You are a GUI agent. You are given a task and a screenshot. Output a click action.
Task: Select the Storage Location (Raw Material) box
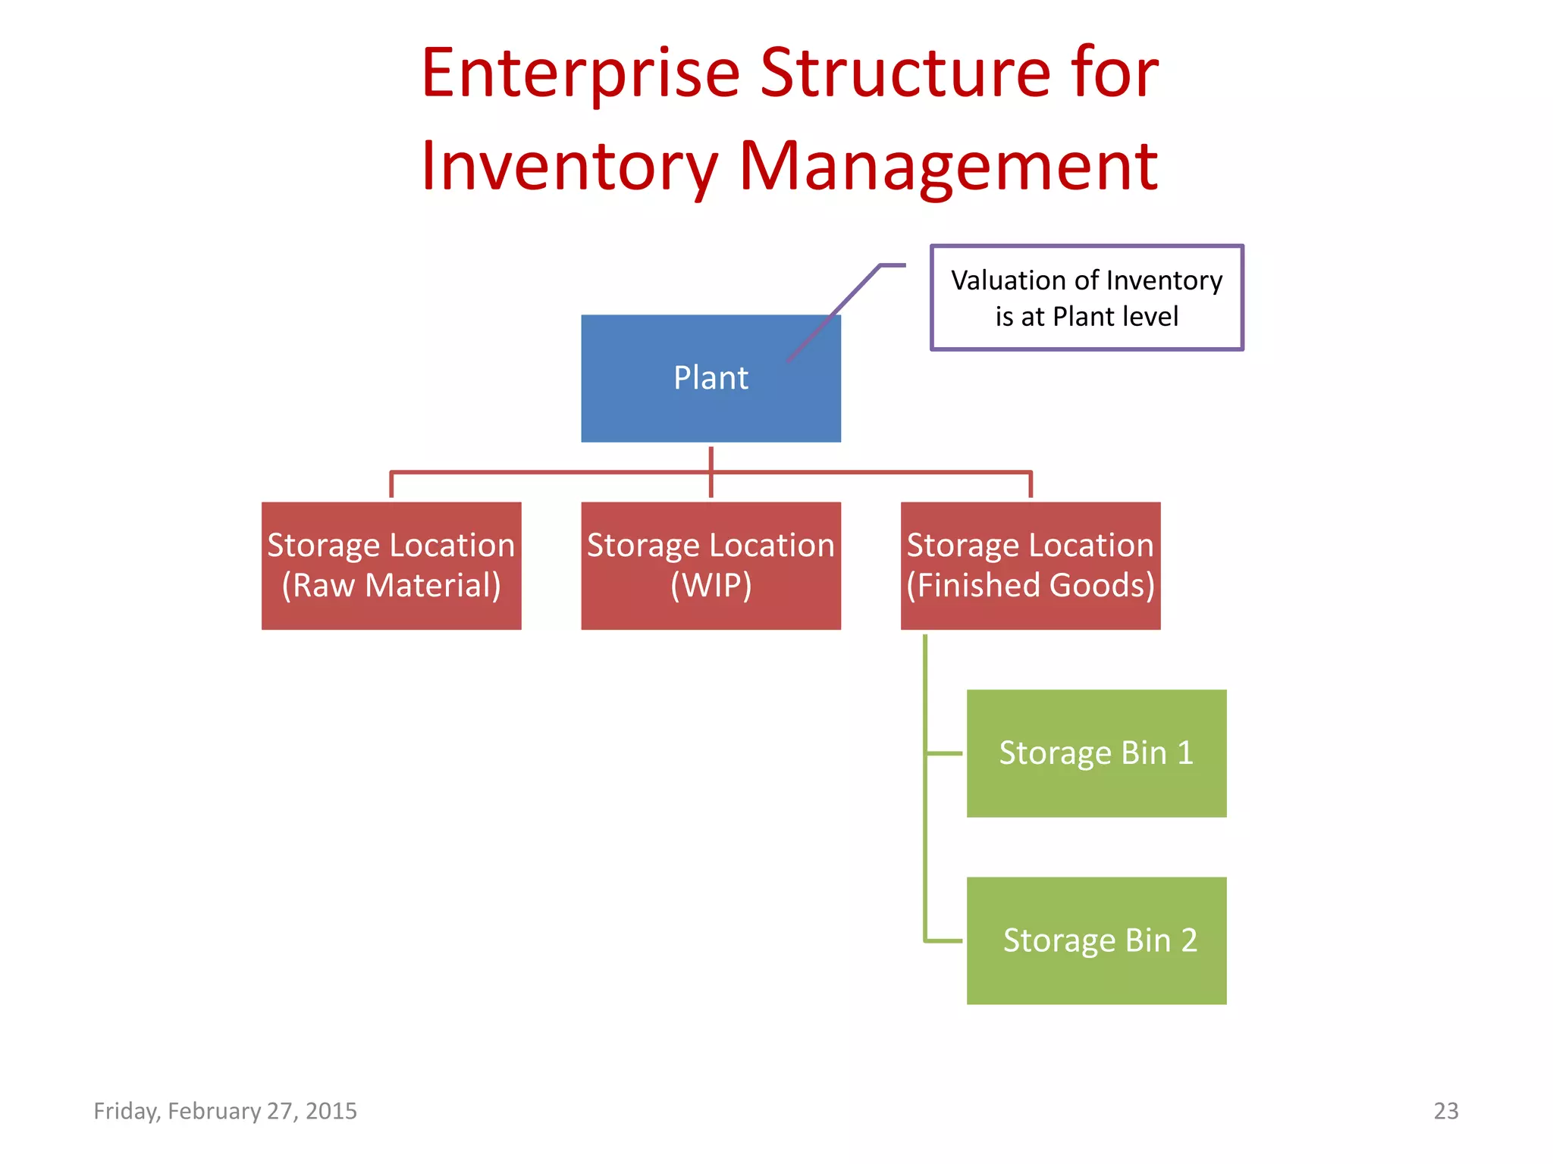click(x=391, y=565)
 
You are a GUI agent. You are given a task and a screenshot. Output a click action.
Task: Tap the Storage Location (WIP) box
click(x=711, y=565)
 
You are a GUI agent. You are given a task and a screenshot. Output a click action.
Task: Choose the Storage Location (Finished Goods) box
click(x=1030, y=565)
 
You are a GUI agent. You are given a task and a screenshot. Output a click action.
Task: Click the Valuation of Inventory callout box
click(x=1086, y=297)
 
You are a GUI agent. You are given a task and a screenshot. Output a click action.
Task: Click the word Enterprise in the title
click(x=580, y=74)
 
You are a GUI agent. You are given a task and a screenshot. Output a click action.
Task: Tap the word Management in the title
click(x=948, y=167)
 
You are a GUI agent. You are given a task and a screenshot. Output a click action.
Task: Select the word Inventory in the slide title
click(x=569, y=167)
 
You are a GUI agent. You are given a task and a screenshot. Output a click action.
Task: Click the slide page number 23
click(x=1445, y=1111)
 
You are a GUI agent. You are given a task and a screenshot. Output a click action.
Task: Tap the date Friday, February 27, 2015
click(x=225, y=1111)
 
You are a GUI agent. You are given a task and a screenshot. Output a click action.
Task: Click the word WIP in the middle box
click(x=711, y=586)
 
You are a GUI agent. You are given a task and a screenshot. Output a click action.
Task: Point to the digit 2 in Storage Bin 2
click(x=1188, y=940)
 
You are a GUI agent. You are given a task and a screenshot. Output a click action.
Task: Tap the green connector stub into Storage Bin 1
click(x=944, y=753)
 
